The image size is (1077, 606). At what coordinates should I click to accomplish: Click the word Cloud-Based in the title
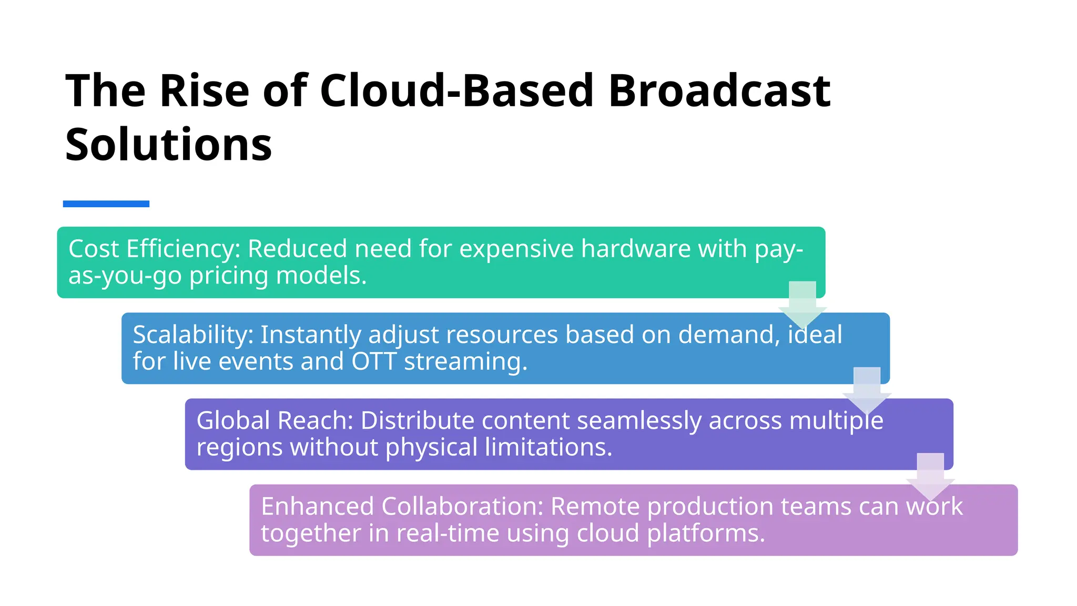(456, 90)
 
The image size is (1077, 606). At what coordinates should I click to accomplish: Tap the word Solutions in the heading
(168, 145)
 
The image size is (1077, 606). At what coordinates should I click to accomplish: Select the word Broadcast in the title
(719, 90)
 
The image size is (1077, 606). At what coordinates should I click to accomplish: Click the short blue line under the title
(106, 204)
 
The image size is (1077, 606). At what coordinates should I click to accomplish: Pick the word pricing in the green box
(229, 276)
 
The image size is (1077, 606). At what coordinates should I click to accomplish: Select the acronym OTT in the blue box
(373, 362)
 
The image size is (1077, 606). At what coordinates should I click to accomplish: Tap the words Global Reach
(274, 421)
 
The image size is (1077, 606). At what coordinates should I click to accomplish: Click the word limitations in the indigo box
(548, 448)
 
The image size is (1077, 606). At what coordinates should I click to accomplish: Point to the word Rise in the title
(204, 90)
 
